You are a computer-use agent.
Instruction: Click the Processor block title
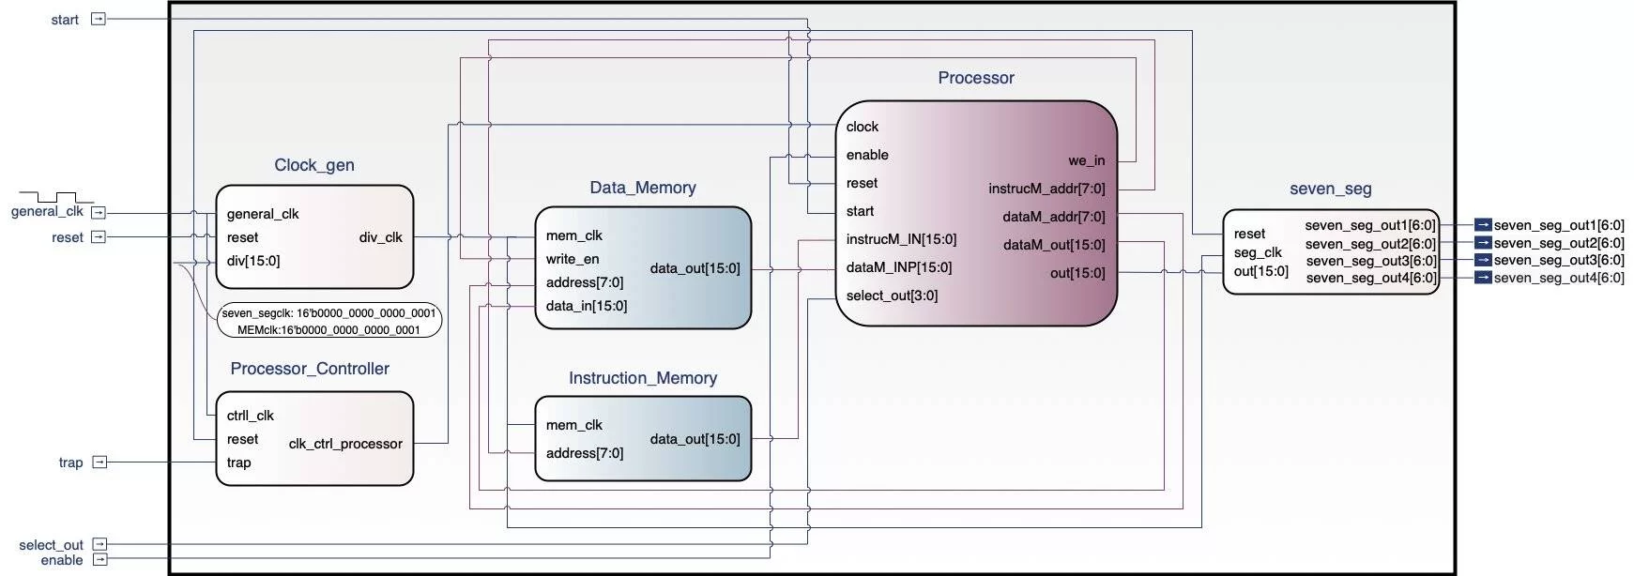click(976, 78)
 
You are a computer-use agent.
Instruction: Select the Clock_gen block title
click(314, 165)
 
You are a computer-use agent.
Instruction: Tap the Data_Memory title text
click(643, 188)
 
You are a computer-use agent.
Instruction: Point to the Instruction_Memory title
click(643, 378)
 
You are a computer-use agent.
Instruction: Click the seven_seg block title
click(1331, 189)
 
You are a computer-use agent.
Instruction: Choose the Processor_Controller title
click(310, 369)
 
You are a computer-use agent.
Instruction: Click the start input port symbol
click(99, 19)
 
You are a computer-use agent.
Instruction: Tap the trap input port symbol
click(99, 462)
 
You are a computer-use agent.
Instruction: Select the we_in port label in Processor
click(1086, 160)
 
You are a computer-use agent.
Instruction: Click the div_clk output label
click(380, 237)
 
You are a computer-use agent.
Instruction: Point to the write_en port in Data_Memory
click(573, 259)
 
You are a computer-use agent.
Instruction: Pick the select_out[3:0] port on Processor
click(892, 296)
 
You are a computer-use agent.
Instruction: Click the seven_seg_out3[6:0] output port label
click(1371, 261)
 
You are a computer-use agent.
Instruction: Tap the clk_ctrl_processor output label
click(345, 444)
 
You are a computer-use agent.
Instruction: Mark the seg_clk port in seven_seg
click(1258, 252)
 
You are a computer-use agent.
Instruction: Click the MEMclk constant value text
click(328, 330)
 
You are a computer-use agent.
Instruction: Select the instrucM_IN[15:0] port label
click(901, 239)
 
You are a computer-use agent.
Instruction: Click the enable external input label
click(62, 560)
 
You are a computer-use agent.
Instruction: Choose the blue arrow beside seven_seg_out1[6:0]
click(1483, 225)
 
